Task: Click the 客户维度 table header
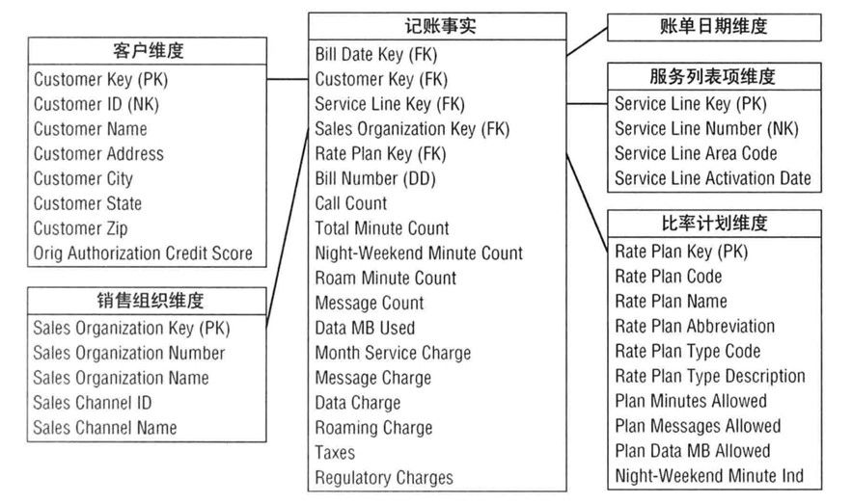tap(148, 51)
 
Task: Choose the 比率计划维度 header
tap(713, 224)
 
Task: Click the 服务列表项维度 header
tap(713, 76)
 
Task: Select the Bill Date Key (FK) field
tap(375, 53)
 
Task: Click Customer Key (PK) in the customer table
tap(107, 79)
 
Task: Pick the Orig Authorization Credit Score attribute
tap(143, 253)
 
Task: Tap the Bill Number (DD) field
tap(375, 178)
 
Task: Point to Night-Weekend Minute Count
tap(419, 253)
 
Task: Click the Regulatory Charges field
tap(384, 477)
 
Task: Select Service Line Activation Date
tap(712, 178)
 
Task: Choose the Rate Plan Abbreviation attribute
tap(695, 327)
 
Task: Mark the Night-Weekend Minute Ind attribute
tap(709, 475)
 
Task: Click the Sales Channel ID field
tap(93, 403)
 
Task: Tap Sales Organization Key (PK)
tap(132, 328)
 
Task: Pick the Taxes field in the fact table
tap(335, 452)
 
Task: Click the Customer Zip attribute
tap(80, 228)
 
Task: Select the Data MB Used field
tap(365, 328)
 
